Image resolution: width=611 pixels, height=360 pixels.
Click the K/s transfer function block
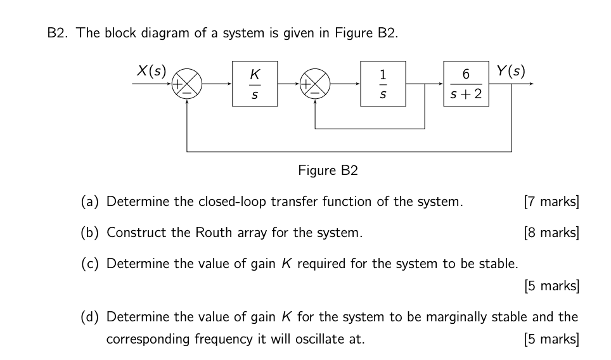tap(254, 84)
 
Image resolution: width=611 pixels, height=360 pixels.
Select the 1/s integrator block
tap(383, 84)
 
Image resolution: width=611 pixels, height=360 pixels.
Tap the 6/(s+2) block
tap(466, 84)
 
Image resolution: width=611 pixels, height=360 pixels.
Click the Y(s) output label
tap(511, 70)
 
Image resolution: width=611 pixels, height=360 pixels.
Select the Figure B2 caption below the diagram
tap(328, 170)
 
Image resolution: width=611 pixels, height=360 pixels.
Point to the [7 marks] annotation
tap(551, 202)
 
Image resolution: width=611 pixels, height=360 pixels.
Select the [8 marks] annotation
tap(551, 233)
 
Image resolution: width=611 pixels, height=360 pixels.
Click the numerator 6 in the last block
tap(466, 74)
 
